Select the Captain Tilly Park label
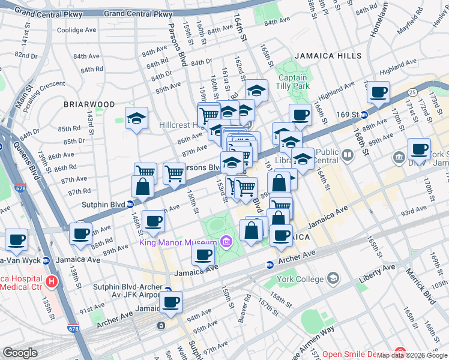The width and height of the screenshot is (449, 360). coord(292,82)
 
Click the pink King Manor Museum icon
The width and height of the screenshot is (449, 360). coord(226,242)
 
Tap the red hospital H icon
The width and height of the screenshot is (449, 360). coord(53,281)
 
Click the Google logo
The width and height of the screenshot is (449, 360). coord(20,353)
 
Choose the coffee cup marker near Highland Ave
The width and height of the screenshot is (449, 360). coord(378,93)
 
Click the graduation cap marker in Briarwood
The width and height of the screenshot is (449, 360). coord(136,118)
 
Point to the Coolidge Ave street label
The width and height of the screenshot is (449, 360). coord(76,30)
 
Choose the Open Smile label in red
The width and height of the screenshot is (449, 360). coord(356,355)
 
